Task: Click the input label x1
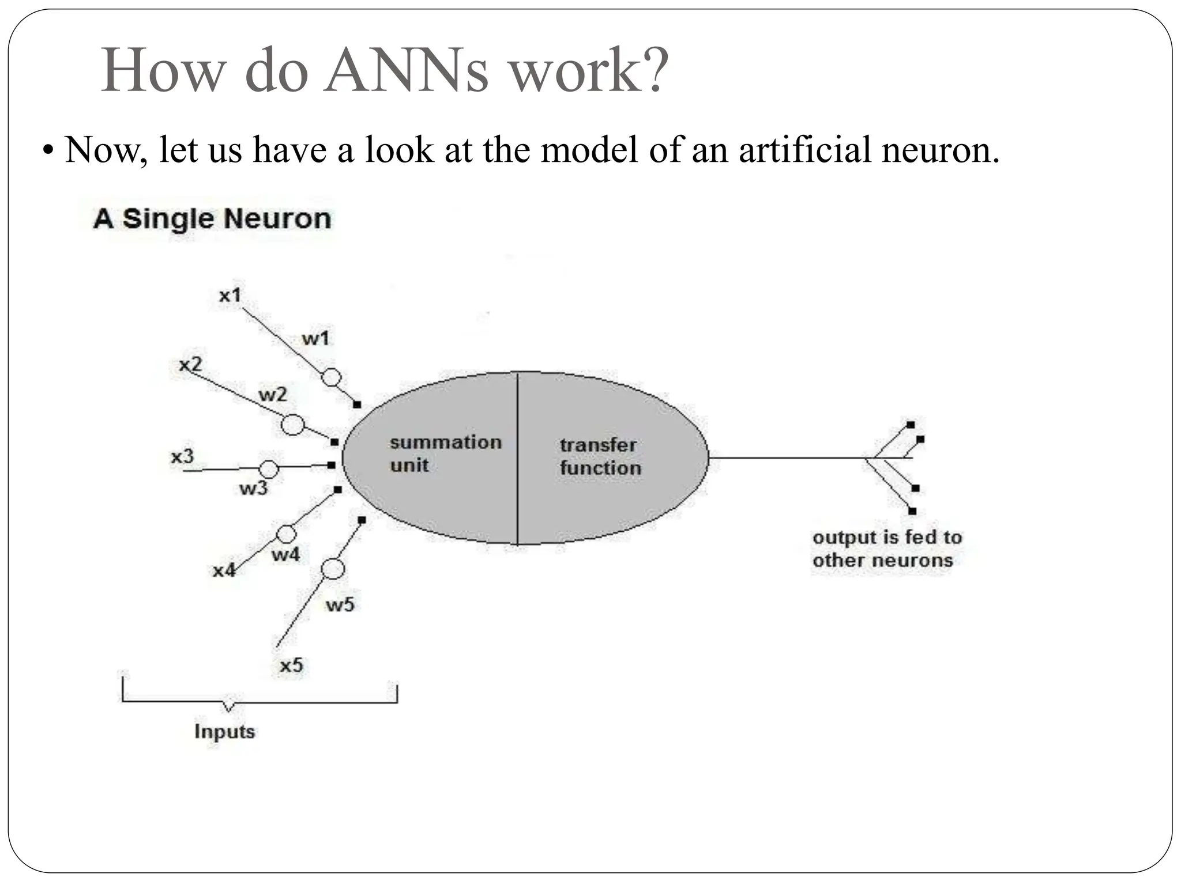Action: coord(230,296)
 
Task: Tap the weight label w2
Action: coord(272,395)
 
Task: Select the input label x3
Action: coord(182,457)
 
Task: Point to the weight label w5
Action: coord(340,604)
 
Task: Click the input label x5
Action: coord(291,665)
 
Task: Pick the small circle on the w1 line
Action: coord(331,378)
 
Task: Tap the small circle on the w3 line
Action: coord(269,469)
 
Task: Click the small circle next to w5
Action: coord(332,569)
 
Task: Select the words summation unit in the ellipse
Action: coord(445,453)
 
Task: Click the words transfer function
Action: coord(600,456)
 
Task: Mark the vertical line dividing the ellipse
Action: coord(517,458)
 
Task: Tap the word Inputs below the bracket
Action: coord(224,731)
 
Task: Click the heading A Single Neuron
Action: coord(212,219)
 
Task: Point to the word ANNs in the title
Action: coord(406,70)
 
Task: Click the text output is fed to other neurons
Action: coord(886,549)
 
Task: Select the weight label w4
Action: coord(285,554)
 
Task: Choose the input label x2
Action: coord(190,364)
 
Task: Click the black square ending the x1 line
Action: coord(357,404)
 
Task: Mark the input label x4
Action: coord(224,570)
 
